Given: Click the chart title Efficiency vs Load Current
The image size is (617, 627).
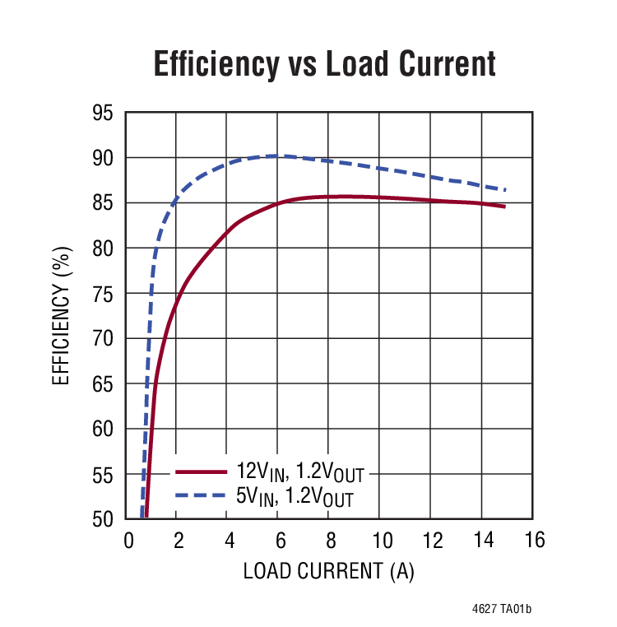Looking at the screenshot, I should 325,64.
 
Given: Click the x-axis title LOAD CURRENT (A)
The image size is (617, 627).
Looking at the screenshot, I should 328,571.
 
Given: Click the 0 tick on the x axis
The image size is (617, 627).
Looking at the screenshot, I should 128,541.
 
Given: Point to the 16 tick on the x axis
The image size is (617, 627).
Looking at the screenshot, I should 532,541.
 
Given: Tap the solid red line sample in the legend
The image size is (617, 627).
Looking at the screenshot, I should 201,471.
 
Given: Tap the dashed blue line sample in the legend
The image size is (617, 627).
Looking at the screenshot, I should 201,495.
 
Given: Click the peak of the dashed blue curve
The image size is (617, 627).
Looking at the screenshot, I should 273,156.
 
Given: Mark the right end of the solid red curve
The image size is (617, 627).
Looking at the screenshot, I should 504,207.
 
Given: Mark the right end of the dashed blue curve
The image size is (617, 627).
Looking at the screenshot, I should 504,190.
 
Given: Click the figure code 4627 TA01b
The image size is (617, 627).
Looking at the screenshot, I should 502,610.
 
